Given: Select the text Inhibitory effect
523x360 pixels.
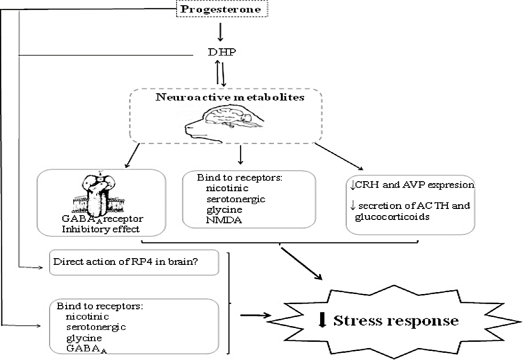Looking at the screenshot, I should pyautogui.click(x=100, y=229).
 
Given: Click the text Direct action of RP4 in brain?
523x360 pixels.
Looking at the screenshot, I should pyautogui.click(x=133, y=262).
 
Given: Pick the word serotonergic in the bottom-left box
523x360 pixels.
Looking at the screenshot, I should pyautogui.click(x=96, y=327).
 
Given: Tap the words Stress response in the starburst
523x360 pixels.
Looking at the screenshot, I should pyautogui.click(x=395, y=320).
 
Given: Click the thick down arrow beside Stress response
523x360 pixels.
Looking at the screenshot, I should pyautogui.click(x=322, y=319).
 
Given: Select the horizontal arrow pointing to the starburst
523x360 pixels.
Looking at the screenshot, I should pyautogui.click(x=256, y=316).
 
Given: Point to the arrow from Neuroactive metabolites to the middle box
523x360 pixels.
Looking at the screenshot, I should pyautogui.click(x=240, y=153).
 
